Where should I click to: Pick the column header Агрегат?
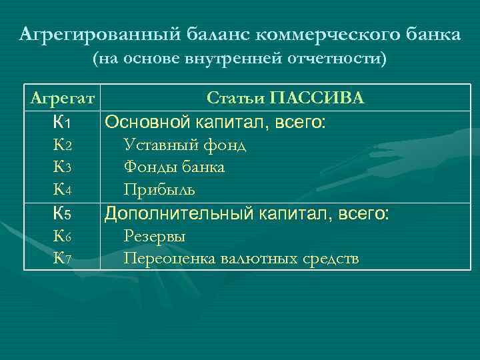61,99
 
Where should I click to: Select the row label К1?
61,123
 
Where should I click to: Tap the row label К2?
61,145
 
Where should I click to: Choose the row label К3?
61,168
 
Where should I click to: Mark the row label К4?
61,191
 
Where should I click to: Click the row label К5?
61,214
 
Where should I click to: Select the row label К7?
61,259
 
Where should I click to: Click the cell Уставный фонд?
185,145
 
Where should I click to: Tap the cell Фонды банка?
174,168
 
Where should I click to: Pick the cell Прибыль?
159,191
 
